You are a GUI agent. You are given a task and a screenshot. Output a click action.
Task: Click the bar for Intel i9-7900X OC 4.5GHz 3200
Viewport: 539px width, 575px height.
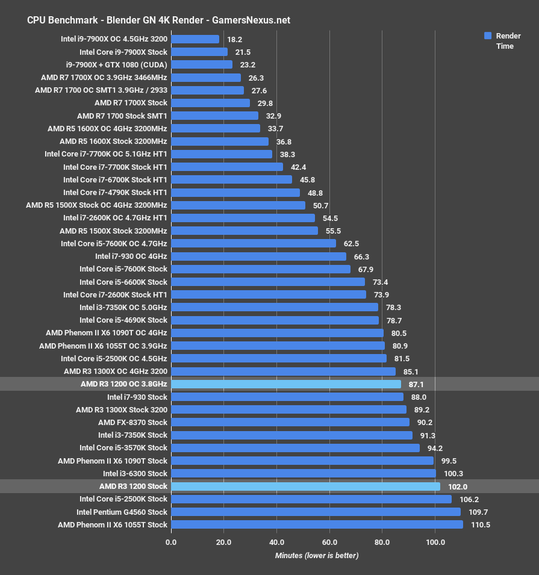195,39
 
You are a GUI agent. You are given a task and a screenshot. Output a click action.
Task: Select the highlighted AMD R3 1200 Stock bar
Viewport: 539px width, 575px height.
305,486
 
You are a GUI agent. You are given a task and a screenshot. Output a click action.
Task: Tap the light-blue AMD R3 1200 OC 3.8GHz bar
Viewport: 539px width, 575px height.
286,384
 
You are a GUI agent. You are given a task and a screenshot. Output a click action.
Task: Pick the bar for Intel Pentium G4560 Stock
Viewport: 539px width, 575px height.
316,512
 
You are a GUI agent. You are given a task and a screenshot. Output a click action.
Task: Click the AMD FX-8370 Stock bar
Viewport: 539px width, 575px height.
290,422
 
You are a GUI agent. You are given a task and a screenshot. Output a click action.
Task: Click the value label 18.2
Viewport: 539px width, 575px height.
234,39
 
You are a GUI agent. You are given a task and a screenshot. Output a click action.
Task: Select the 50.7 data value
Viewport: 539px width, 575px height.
320,205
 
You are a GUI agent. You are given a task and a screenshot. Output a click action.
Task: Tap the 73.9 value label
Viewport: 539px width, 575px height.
381,294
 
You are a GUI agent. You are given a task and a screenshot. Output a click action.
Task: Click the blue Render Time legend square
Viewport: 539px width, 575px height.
488,36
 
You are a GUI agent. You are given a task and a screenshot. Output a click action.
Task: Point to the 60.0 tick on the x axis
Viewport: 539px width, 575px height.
329,542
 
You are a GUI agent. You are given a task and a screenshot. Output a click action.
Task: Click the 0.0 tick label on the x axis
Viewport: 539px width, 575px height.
171,542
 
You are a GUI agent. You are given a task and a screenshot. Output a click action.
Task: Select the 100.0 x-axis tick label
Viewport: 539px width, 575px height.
435,542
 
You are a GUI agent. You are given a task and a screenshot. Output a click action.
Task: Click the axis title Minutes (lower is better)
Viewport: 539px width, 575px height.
317,556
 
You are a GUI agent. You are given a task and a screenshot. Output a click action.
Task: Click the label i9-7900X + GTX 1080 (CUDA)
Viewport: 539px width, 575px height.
117,64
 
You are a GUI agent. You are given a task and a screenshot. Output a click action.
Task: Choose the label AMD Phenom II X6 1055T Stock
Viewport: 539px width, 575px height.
113,525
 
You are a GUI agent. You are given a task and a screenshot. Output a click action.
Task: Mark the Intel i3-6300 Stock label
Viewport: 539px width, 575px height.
135,474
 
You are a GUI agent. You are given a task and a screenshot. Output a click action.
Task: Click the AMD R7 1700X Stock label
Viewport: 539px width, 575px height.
131,103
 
